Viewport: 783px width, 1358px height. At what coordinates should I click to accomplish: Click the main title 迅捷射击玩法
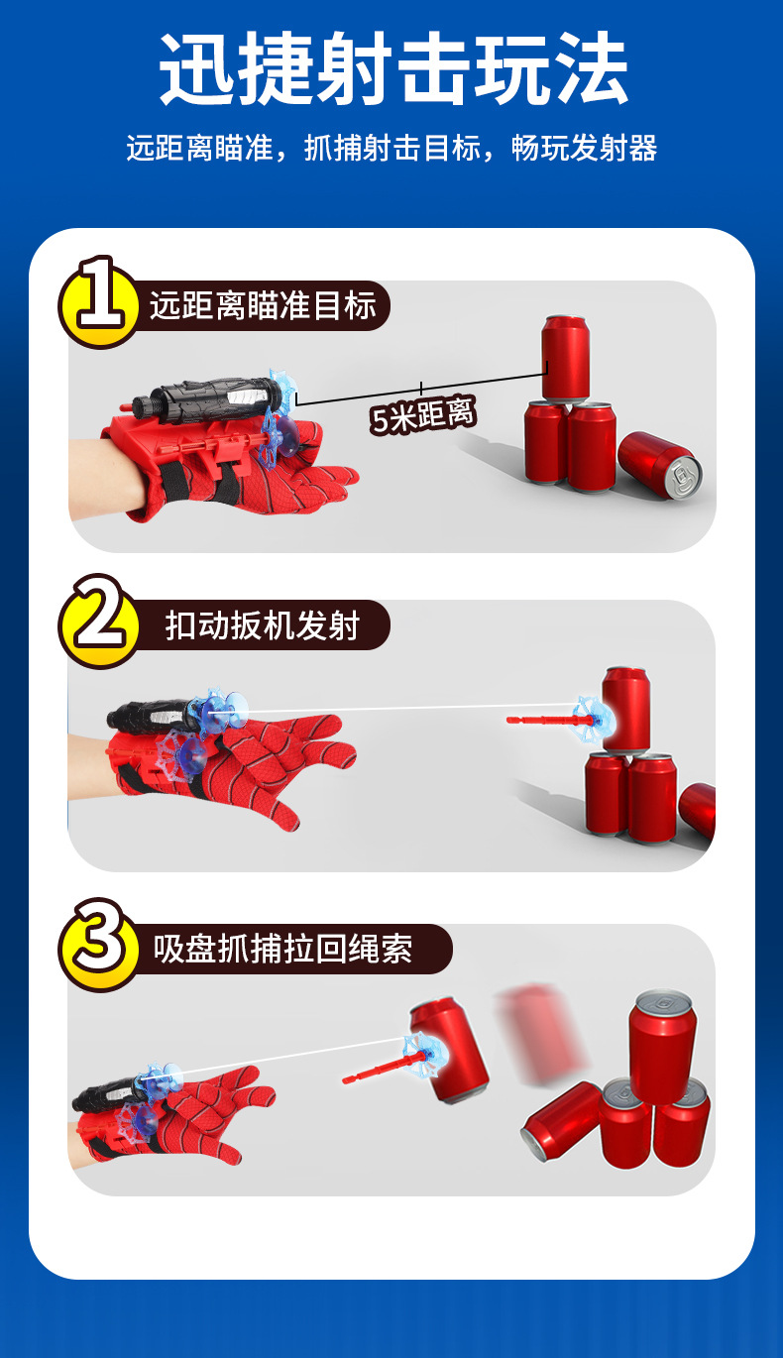click(x=392, y=67)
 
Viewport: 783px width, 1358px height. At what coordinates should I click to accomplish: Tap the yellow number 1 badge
click(x=99, y=301)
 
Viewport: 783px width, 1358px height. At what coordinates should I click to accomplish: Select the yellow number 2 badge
click(x=99, y=621)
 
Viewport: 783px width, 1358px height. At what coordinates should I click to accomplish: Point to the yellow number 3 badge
click(x=99, y=944)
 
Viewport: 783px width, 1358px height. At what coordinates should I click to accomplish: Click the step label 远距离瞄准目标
click(x=263, y=305)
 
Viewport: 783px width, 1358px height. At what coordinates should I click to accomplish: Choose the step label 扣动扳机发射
click(x=263, y=625)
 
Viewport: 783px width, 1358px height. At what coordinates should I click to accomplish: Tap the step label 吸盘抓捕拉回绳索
click(x=282, y=949)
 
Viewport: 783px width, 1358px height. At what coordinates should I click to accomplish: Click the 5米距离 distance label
click(x=422, y=415)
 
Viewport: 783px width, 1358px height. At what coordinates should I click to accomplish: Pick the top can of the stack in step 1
click(x=565, y=358)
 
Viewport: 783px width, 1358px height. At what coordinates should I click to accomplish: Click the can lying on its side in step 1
click(x=659, y=465)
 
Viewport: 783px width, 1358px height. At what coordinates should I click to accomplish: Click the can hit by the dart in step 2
click(x=626, y=710)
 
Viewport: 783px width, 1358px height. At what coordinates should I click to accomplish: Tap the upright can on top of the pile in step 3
click(x=662, y=1038)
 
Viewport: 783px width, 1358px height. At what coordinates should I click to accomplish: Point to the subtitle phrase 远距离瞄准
click(x=200, y=148)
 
